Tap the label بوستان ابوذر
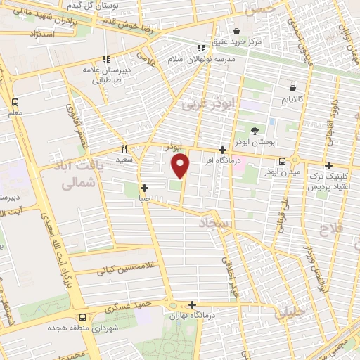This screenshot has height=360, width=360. click(x=255, y=143)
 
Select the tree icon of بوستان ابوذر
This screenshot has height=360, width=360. click(x=255, y=130)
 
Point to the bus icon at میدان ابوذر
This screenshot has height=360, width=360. click(x=282, y=160)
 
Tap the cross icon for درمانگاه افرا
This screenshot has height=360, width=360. click(x=222, y=150)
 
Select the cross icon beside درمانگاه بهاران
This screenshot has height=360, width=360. click(x=192, y=304)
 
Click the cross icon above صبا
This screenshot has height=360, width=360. click(x=144, y=188)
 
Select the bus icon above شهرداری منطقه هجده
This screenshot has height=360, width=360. click(x=83, y=317)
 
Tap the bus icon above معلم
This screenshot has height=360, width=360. click(x=15, y=101)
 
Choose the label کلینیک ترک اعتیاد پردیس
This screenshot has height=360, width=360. click(x=330, y=181)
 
